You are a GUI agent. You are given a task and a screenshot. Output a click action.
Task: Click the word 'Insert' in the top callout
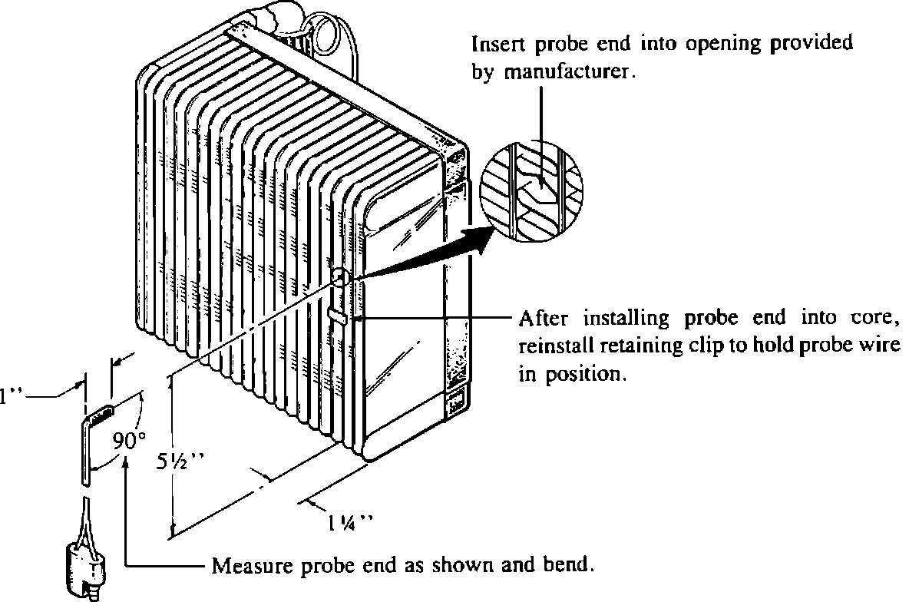coord(496,45)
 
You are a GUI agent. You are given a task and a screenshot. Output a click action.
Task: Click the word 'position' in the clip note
coord(584,375)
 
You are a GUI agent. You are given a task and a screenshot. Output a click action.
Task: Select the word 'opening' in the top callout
coord(718,45)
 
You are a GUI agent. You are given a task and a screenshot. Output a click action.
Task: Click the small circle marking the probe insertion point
coord(342,276)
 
